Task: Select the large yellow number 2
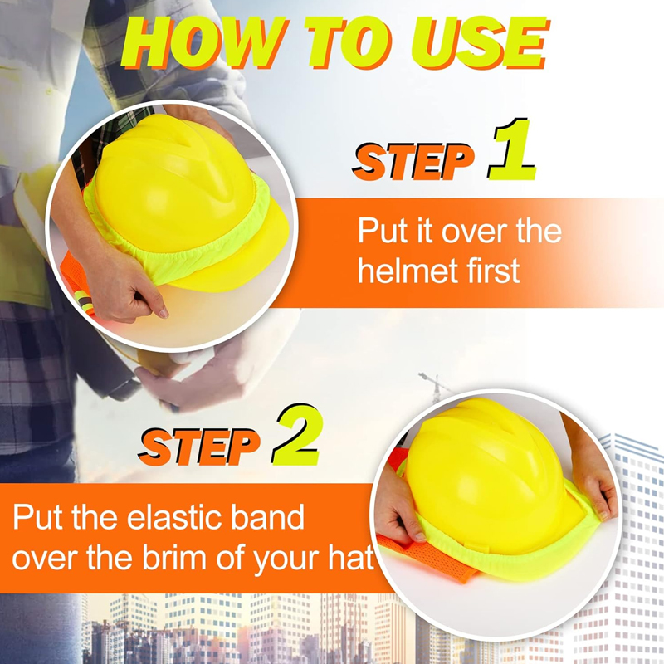click(295, 438)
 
